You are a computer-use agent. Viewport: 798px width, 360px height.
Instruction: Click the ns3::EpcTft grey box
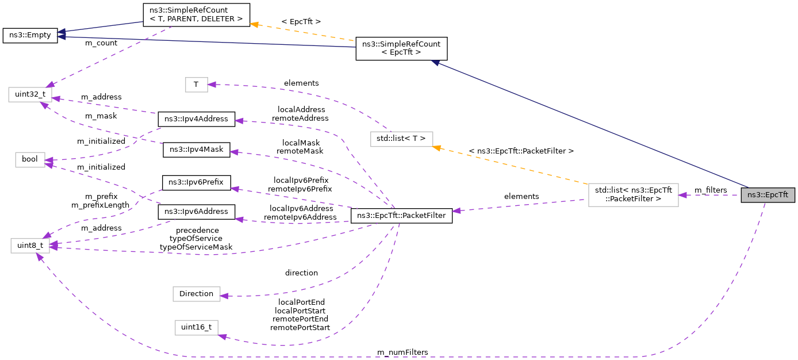click(x=768, y=195)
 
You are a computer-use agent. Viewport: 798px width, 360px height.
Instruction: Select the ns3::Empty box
click(x=30, y=36)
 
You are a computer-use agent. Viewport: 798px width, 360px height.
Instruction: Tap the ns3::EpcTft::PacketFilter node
click(x=401, y=216)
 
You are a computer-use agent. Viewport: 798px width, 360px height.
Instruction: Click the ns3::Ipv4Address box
click(x=196, y=119)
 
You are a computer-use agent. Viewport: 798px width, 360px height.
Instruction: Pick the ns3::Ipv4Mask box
click(x=196, y=150)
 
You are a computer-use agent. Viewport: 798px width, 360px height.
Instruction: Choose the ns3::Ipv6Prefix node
click(x=196, y=183)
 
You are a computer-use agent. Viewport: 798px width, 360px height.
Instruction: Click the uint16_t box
click(x=196, y=328)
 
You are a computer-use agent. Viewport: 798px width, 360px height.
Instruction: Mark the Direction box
click(x=196, y=294)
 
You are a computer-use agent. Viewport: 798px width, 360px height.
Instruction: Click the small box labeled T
click(x=196, y=85)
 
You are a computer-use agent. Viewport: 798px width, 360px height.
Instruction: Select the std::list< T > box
click(x=401, y=139)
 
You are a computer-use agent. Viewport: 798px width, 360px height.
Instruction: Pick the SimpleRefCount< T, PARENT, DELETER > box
click(x=196, y=15)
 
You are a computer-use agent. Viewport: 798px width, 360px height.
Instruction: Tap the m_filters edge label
click(x=710, y=190)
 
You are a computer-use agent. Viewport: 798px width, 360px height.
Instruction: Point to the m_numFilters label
click(x=402, y=352)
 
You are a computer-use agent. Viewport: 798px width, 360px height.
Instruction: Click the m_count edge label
click(x=101, y=43)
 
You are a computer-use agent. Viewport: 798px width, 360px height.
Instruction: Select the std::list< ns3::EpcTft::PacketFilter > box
click(x=633, y=195)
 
